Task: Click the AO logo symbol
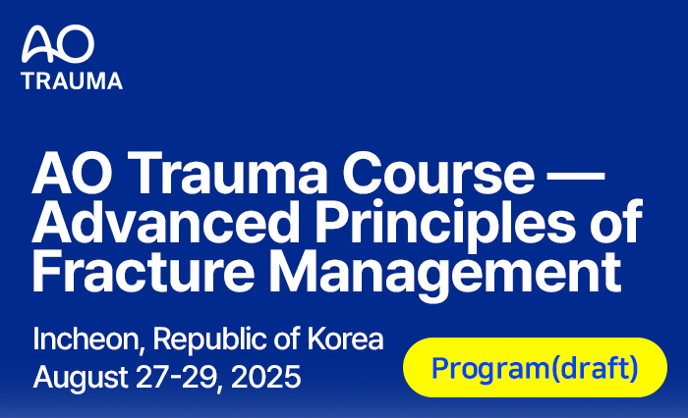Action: click(x=58, y=44)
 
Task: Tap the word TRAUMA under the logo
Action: click(x=72, y=81)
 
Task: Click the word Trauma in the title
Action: click(x=227, y=173)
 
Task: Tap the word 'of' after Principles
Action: click(x=616, y=222)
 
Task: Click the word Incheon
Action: click(x=86, y=340)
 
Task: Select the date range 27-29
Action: click(x=175, y=377)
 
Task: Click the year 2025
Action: click(x=265, y=377)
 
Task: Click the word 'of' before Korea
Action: click(x=287, y=340)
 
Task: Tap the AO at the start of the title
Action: click(x=72, y=173)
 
